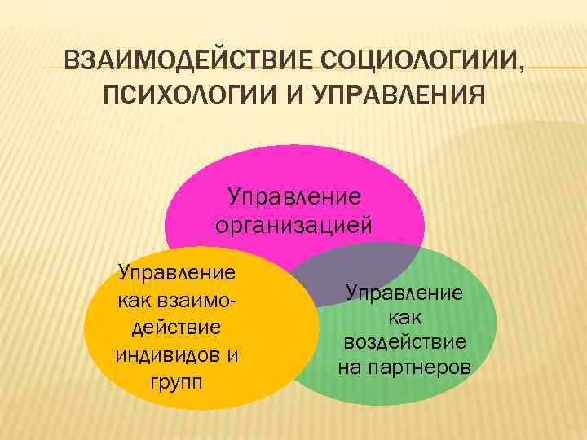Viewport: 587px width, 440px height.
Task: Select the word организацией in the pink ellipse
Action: [293, 222]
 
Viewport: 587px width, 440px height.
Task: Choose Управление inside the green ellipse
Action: [404, 292]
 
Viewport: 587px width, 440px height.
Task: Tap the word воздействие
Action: [404, 341]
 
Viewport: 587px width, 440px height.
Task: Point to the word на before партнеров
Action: [349, 367]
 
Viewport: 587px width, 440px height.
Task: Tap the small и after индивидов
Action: [232, 354]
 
